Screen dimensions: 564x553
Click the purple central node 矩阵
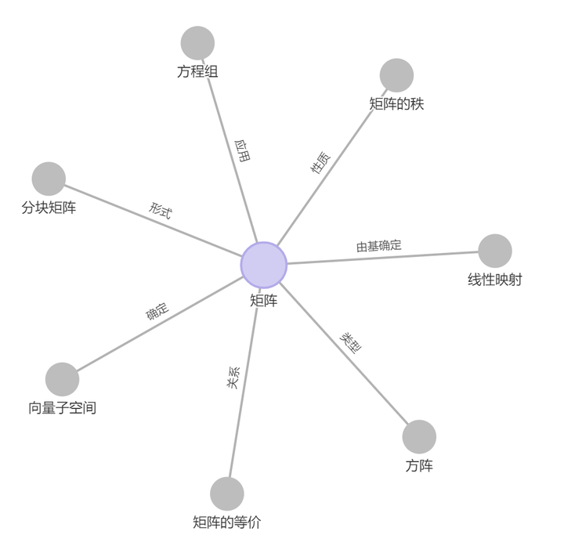tap(264, 265)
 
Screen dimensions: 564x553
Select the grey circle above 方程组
tap(197, 43)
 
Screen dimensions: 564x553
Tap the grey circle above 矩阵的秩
tap(396, 75)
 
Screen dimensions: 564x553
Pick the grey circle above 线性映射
tap(495, 251)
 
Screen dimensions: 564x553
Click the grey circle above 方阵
tap(419, 437)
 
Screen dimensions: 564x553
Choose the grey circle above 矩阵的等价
tap(227, 493)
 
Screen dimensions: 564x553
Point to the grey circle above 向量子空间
tap(63, 379)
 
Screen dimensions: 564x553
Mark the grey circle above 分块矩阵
tap(49, 179)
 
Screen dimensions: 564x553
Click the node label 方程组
tap(197, 72)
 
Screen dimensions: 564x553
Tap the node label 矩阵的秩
tap(396, 103)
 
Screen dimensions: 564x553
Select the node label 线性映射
tap(495, 280)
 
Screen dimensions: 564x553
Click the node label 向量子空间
tap(63, 408)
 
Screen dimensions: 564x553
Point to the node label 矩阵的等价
tap(227, 522)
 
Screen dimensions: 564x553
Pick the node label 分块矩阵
tap(49, 208)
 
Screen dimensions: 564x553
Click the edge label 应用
tap(243, 150)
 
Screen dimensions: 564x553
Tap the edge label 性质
tap(320, 162)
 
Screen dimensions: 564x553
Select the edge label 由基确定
tap(379, 246)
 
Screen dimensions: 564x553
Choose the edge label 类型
tap(351, 343)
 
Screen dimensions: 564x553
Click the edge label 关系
tap(233, 378)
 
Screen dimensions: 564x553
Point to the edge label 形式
tap(161, 210)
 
